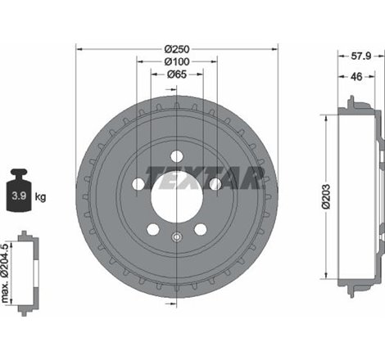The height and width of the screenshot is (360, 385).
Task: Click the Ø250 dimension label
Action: (177, 49)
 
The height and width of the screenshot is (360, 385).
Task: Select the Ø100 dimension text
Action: (177, 62)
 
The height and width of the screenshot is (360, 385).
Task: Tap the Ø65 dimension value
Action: (177, 74)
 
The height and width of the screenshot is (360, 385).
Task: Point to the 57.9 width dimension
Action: (360, 56)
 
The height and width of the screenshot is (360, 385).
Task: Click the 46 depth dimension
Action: (356, 77)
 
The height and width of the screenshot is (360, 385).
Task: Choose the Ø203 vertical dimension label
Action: (326, 196)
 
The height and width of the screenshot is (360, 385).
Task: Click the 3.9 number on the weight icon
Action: (19, 196)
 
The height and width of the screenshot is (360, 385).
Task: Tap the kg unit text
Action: (40, 196)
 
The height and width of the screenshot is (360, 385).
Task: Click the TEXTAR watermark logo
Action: (205, 178)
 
